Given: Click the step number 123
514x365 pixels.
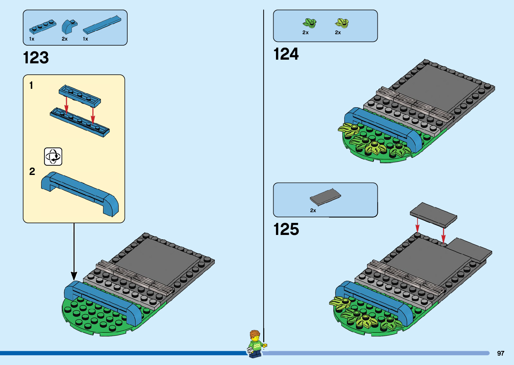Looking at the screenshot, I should point(36,58).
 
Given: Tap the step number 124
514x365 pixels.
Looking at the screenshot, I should point(286,54).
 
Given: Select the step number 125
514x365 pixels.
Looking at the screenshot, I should point(286,230).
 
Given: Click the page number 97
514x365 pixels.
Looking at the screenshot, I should point(501,353).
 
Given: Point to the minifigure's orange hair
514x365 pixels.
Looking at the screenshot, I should point(255,334).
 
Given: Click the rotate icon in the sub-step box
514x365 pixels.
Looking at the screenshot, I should point(53,157).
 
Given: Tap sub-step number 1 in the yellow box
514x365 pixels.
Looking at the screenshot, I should point(31,85).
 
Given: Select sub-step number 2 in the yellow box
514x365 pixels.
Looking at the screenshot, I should point(32,172).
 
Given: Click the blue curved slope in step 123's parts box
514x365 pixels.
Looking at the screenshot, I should point(69,26).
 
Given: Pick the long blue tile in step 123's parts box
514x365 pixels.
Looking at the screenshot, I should point(102,24).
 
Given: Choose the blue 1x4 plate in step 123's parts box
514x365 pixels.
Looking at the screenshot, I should point(43,27).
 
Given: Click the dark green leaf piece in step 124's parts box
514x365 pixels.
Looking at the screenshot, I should point(309,23).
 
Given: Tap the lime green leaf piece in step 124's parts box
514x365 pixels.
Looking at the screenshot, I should point(342,23).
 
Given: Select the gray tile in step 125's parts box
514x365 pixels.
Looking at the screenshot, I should point(325,197).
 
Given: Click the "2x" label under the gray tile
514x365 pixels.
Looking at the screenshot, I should point(313,210).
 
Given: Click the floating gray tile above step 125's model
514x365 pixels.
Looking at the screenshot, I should point(433,215).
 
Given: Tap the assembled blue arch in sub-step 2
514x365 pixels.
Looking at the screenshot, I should point(80,193).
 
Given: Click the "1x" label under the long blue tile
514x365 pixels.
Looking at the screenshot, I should point(86,39).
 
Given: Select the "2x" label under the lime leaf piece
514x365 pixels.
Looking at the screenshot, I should point(338,33).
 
